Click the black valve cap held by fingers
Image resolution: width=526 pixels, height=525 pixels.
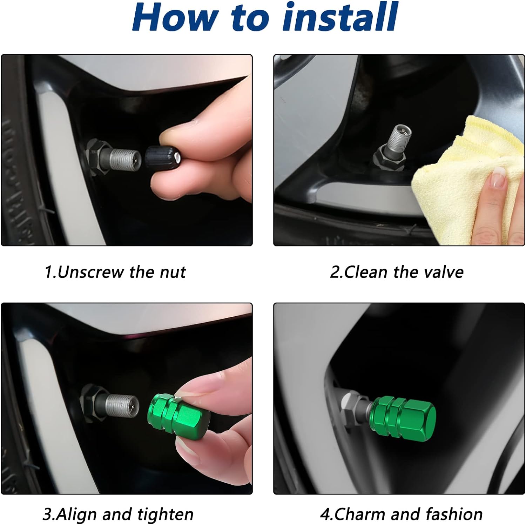click(163, 161)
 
